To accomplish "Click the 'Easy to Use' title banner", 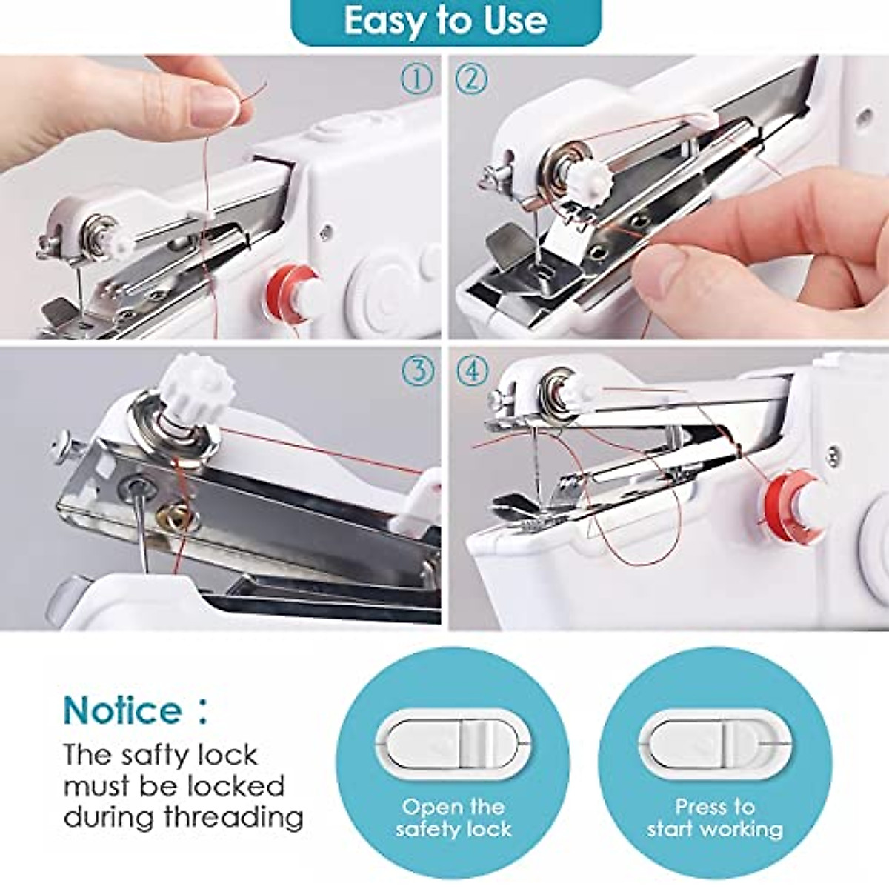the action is click(445, 21).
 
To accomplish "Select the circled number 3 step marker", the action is click(417, 370).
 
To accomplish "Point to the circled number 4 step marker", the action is click(472, 370).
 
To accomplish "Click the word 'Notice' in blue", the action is click(122, 710).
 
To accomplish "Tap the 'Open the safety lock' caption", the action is click(453, 817).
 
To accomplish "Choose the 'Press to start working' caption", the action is click(715, 817).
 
